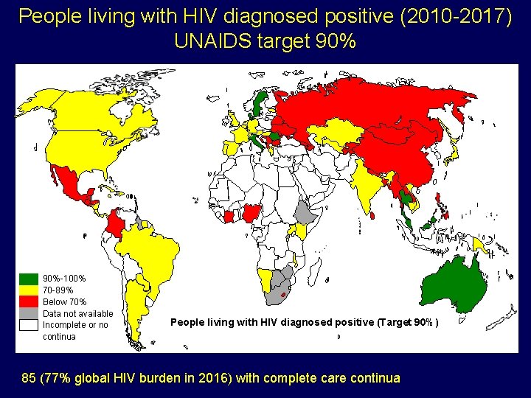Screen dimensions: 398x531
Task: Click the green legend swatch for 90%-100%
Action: point(29,279)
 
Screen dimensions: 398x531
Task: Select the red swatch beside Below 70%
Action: point(29,301)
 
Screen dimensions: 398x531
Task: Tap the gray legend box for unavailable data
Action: point(29,313)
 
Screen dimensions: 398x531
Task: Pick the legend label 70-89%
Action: point(58,290)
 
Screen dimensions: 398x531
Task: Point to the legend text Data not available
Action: point(78,313)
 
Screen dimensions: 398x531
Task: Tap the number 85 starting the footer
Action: point(29,379)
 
